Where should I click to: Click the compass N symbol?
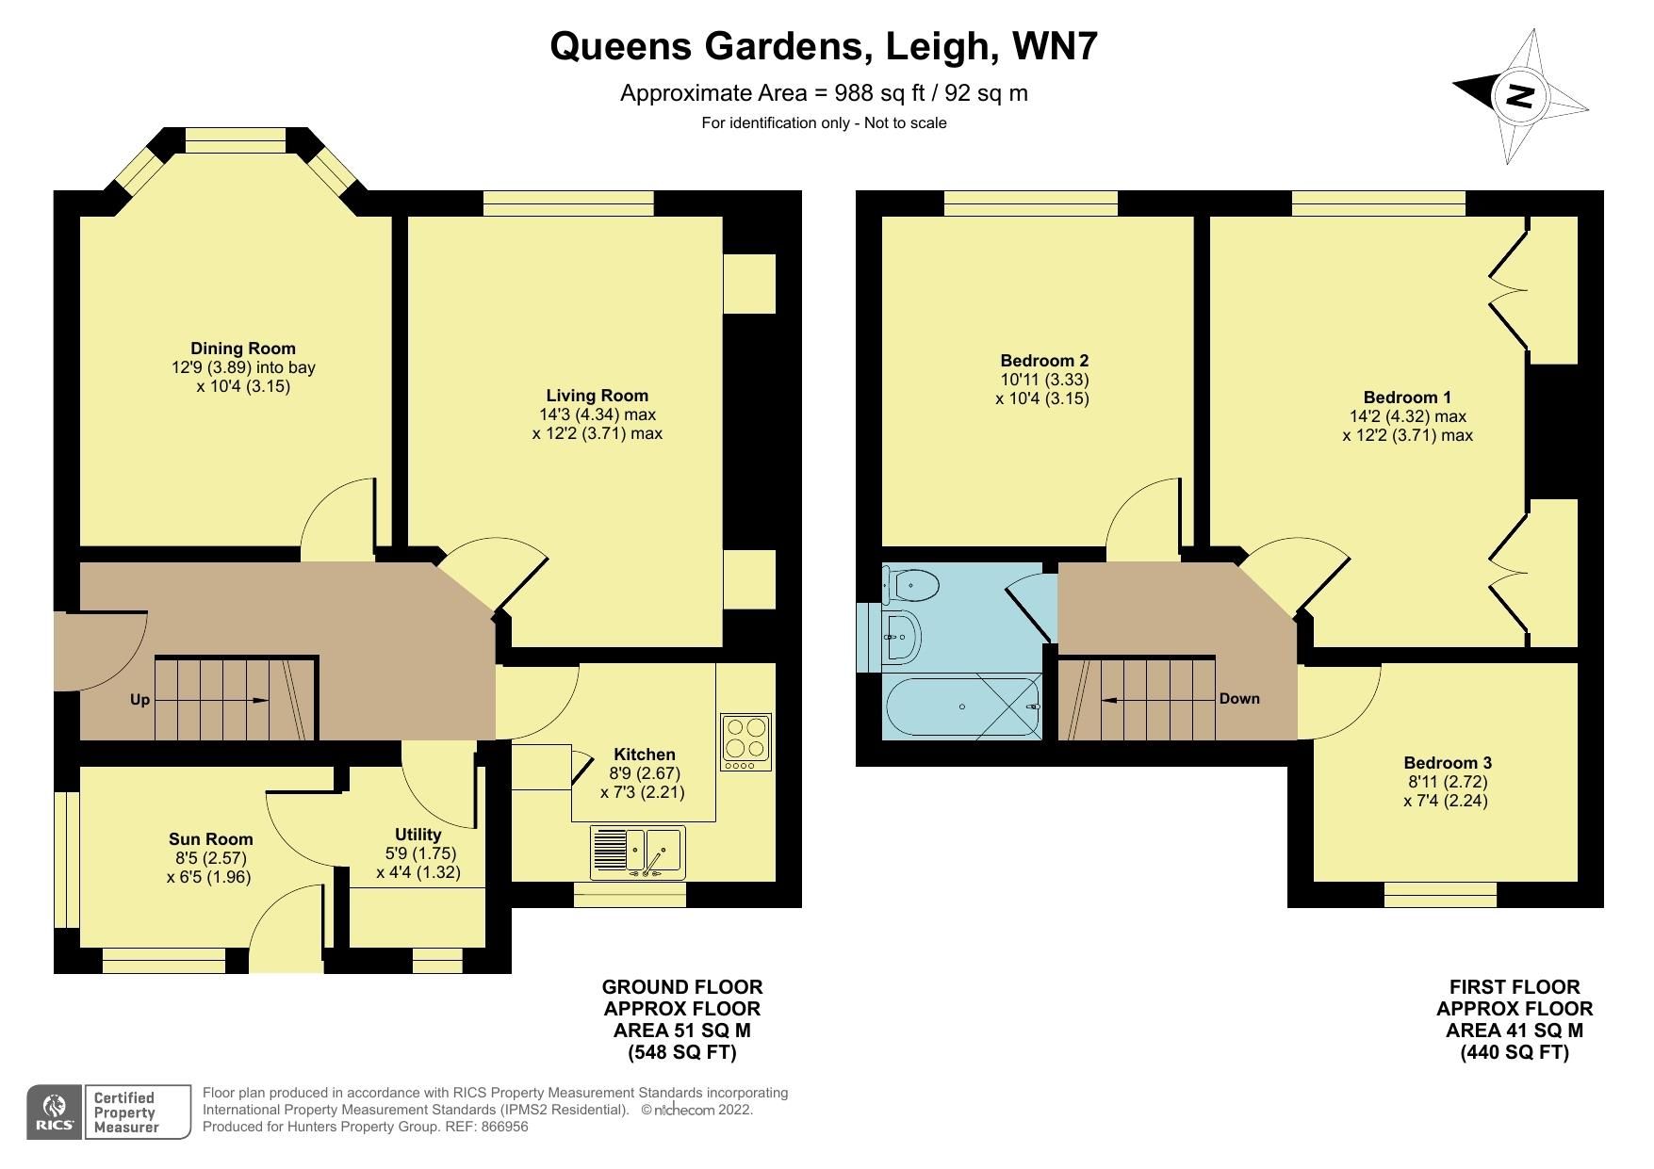point(1520,96)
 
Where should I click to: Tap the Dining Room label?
point(243,349)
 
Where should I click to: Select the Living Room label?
point(598,396)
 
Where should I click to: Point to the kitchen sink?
point(638,852)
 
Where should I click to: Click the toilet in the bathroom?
point(910,584)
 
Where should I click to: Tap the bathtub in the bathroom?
point(962,706)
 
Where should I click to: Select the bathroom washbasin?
point(902,637)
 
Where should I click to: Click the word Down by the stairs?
point(1239,699)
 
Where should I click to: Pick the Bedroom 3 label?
point(1448,763)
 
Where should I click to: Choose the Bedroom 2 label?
point(1044,361)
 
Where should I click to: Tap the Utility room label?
point(418,835)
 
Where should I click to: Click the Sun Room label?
point(211,839)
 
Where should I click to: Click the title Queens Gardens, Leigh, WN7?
point(824,45)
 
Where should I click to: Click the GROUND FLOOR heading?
point(682,987)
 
